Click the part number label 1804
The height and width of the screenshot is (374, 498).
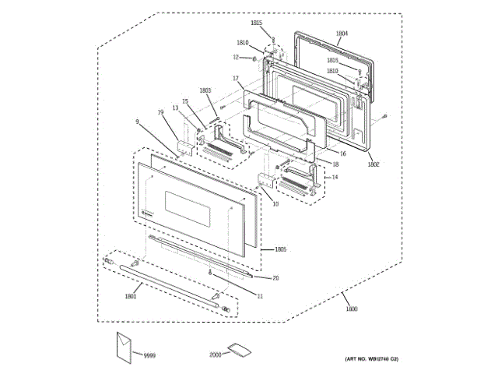pyautogui.click(x=342, y=34)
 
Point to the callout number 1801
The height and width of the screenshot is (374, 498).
pyautogui.click(x=132, y=295)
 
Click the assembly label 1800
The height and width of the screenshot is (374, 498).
pyautogui.click(x=352, y=310)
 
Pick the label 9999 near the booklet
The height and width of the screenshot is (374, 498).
pyautogui.click(x=149, y=355)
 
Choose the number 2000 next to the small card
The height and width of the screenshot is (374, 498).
pyautogui.click(x=216, y=355)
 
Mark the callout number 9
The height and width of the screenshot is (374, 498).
pyautogui.click(x=137, y=122)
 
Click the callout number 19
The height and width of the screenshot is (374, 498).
pyautogui.click(x=161, y=113)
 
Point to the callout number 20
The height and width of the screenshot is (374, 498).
pyautogui.click(x=275, y=277)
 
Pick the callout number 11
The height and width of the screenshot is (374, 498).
pyautogui.click(x=260, y=296)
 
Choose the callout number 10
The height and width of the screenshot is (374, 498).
pyautogui.click(x=275, y=203)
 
